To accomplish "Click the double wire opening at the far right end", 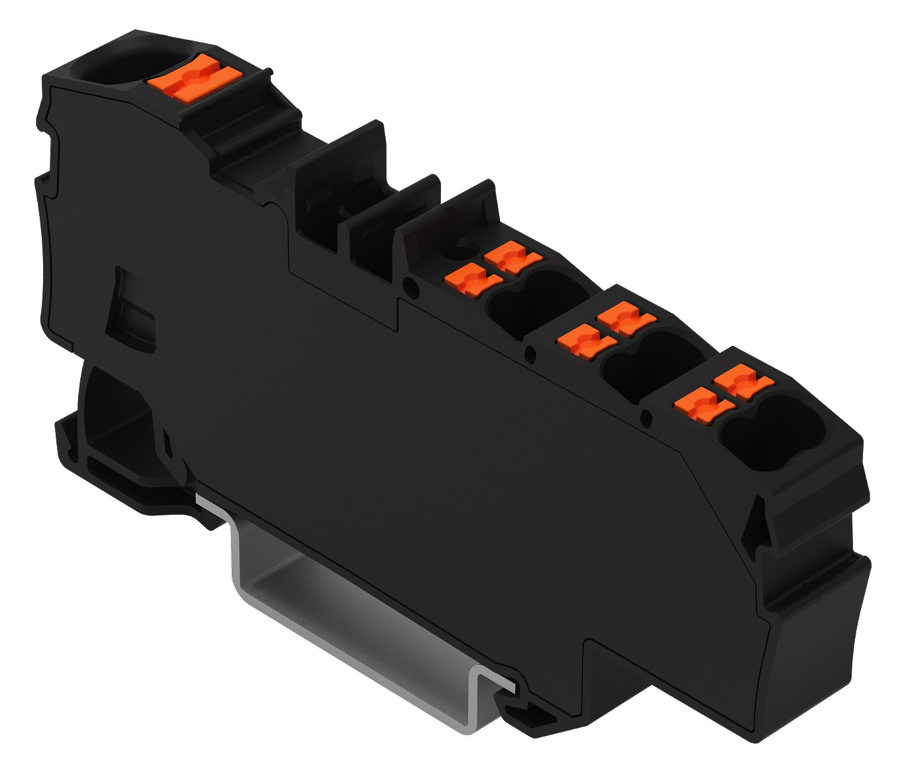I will [772, 432].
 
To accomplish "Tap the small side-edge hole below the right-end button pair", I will [647, 417].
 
